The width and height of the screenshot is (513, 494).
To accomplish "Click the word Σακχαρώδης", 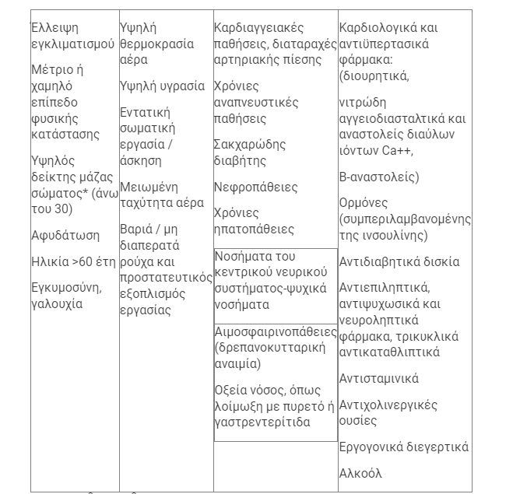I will [250, 145].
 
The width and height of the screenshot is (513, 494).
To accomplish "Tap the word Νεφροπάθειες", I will [255, 187].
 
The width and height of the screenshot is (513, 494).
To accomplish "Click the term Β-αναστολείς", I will [378, 177].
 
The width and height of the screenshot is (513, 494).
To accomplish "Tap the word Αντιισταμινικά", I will [379, 379].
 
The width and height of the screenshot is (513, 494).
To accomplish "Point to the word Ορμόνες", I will [364, 203].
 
